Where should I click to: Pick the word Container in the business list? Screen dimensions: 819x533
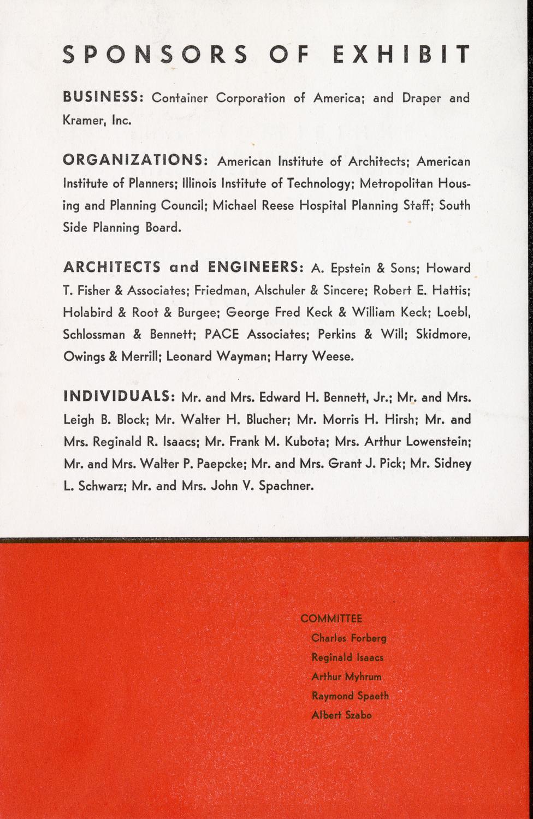point(180,98)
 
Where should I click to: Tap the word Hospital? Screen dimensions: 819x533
point(321,206)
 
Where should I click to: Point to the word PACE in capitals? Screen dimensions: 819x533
point(221,334)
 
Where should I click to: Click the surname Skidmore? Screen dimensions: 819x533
point(443,334)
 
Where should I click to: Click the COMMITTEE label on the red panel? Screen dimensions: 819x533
point(331,619)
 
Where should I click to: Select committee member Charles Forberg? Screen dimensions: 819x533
point(349,638)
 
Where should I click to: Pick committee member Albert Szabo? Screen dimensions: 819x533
point(341,715)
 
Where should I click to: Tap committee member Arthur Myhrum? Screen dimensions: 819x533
point(346,676)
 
